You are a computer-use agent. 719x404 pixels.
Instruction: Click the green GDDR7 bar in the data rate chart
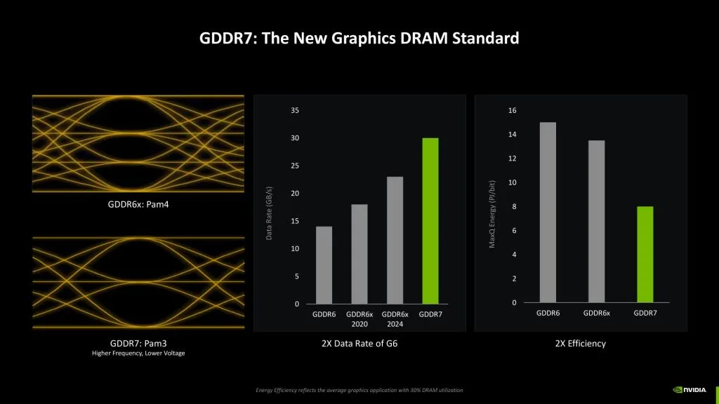pos(430,221)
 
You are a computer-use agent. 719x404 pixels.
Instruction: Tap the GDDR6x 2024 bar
pos(395,240)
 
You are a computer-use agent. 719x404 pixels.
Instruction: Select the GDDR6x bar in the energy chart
pos(596,221)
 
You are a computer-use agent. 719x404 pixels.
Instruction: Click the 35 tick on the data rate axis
pos(294,111)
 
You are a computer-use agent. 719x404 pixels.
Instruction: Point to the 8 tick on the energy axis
pos(514,207)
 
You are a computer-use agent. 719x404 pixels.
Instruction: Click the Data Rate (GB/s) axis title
pos(269,214)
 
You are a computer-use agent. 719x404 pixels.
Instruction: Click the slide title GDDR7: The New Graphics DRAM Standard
pos(359,39)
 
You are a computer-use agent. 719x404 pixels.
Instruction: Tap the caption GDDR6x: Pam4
pos(138,205)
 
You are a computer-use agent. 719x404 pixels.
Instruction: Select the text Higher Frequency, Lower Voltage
pos(138,353)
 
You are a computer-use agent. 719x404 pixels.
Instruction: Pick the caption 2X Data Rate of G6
pos(359,344)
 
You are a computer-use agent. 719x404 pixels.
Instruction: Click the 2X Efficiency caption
pos(580,344)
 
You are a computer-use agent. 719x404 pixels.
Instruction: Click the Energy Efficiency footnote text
pos(359,390)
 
